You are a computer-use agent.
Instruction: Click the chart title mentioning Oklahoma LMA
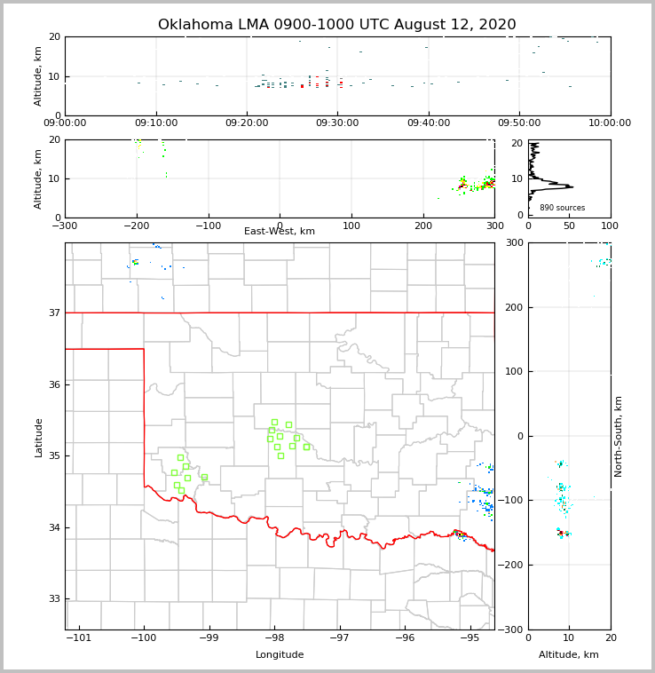[337, 25]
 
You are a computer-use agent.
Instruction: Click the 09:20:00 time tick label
[247, 123]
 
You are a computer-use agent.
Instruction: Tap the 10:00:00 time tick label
[610, 123]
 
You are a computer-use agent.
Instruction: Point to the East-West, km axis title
[280, 232]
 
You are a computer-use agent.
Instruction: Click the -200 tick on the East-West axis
[136, 226]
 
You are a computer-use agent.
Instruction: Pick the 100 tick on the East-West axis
[351, 226]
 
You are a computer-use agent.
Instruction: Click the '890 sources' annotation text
[563, 208]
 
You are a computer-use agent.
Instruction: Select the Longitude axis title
[280, 655]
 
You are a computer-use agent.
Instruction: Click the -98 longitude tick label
[273, 638]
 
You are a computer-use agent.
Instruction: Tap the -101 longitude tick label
[79, 638]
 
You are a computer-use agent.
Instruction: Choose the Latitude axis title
[39, 437]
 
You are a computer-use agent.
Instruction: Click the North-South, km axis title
[619, 436]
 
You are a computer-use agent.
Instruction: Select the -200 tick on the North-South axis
[511, 566]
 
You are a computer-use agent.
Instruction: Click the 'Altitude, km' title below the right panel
[569, 655]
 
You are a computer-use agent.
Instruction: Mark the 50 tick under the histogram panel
[569, 226]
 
